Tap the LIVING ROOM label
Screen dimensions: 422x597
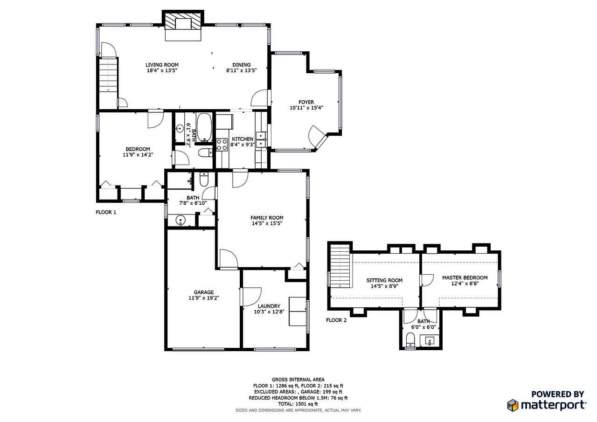point(162,65)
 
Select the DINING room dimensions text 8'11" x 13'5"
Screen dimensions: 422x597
point(241,70)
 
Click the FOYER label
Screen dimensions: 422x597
point(306,102)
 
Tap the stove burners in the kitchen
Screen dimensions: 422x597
point(222,145)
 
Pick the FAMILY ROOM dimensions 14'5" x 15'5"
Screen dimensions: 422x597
point(267,223)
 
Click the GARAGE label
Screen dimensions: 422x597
point(204,292)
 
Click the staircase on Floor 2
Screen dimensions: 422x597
point(340,266)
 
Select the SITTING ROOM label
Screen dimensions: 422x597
point(384,280)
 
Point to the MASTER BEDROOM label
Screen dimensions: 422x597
point(465,277)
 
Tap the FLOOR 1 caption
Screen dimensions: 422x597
point(106,212)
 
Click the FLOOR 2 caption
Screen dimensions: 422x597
point(336,320)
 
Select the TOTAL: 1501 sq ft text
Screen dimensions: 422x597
point(298,404)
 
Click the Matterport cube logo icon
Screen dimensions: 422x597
point(513,405)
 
